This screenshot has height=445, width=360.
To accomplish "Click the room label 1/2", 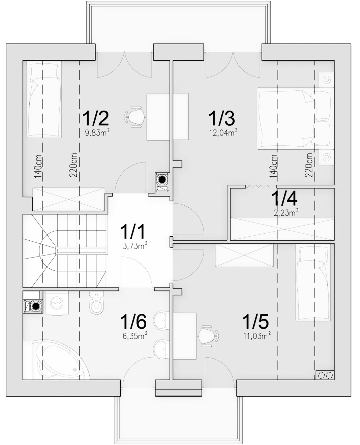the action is (x=96, y=119).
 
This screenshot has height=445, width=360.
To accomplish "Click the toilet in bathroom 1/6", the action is (x=96, y=303).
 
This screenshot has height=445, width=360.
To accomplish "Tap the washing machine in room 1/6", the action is (x=57, y=303).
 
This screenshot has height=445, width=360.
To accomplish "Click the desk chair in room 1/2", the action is (x=135, y=117).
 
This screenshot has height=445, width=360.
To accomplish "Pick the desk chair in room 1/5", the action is (x=208, y=336).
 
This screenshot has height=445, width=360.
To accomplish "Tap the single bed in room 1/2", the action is (x=44, y=99).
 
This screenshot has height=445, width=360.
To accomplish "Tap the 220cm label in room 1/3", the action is (x=309, y=165).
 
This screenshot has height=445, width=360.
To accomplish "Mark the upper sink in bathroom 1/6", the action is (x=161, y=321).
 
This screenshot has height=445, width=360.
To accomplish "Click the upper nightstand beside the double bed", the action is (x=327, y=80).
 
